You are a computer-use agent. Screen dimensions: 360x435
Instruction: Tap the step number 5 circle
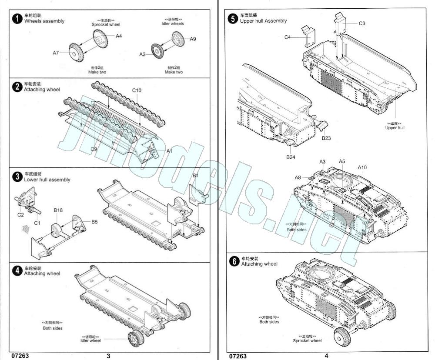[x=233, y=18]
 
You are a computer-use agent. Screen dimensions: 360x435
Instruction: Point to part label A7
[x=56, y=53]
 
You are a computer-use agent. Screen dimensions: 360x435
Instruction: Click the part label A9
[x=193, y=39]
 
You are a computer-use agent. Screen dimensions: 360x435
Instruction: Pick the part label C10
[x=137, y=90]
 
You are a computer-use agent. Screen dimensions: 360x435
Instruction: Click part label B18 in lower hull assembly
[x=58, y=210]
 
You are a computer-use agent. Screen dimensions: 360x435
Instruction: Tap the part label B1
[x=196, y=176]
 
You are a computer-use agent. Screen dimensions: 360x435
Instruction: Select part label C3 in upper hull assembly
[x=362, y=23]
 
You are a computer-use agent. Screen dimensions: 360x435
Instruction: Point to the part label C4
[x=288, y=37]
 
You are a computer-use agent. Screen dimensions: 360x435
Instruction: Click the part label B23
[x=326, y=138]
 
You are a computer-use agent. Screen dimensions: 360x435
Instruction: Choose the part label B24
[x=291, y=157]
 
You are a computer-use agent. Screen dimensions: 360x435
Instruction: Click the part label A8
[x=298, y=177]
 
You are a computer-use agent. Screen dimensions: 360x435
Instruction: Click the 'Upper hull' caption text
[x=395, y=127]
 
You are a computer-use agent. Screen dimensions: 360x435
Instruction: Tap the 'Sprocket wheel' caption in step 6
[x=307, y=340]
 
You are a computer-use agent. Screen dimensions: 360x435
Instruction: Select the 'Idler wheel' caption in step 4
[x=90, y=340]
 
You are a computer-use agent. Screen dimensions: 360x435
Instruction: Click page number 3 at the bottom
[x=108, y=356]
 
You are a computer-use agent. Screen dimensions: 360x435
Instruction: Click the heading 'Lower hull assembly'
[x=47, y=180]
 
